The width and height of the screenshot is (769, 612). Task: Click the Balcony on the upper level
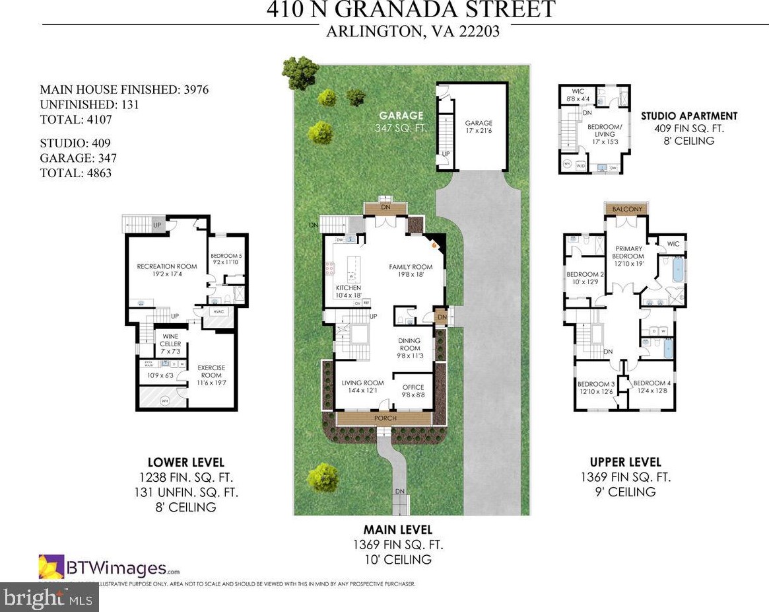pos(627,209)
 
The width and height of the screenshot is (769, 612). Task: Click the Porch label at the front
pos(385,418)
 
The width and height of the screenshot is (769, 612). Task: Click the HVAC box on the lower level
pos(218,311)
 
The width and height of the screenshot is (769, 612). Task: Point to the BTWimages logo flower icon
pos(51,567)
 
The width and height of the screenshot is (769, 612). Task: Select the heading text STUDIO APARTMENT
pos(689,116)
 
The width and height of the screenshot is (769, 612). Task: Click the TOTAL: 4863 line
pos(76,173)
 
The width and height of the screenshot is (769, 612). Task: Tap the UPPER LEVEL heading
pos(625,462)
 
